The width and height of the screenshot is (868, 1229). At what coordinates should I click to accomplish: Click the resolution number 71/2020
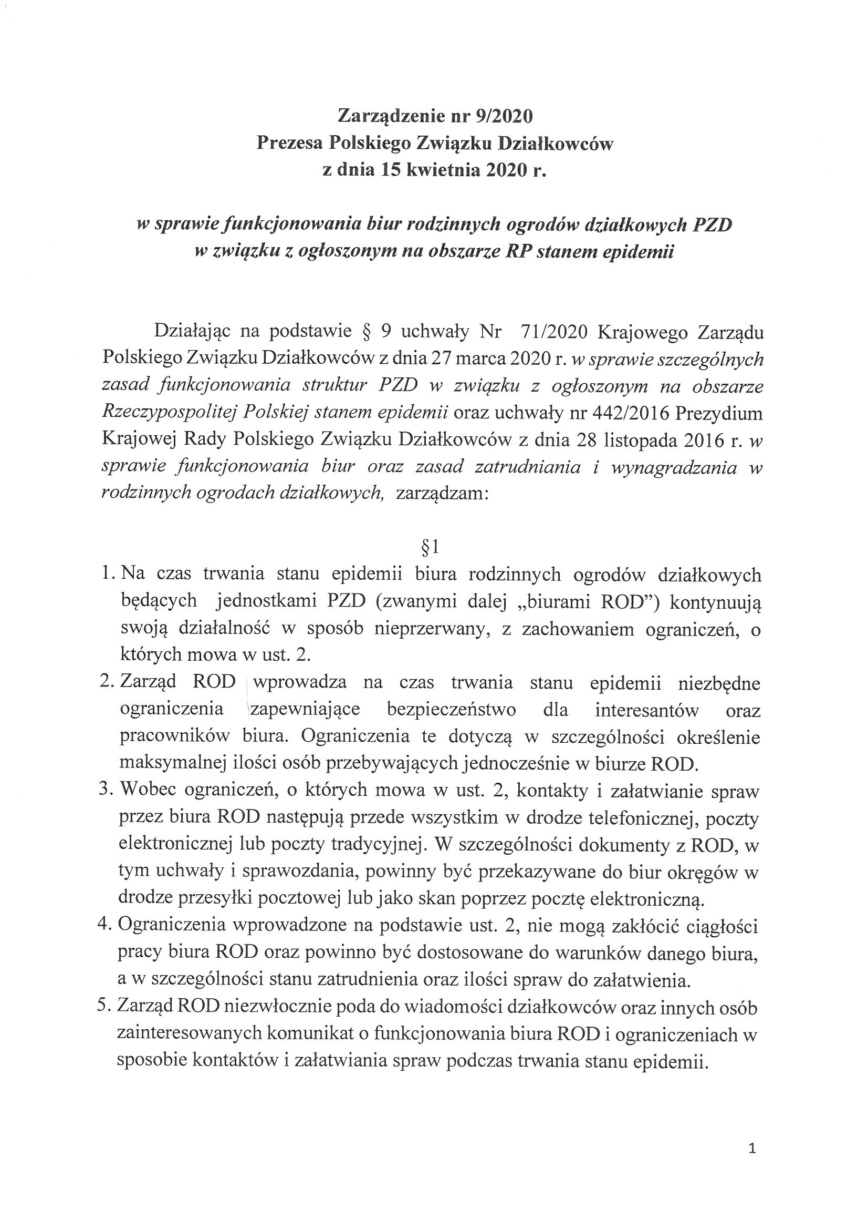tap(550, 332)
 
